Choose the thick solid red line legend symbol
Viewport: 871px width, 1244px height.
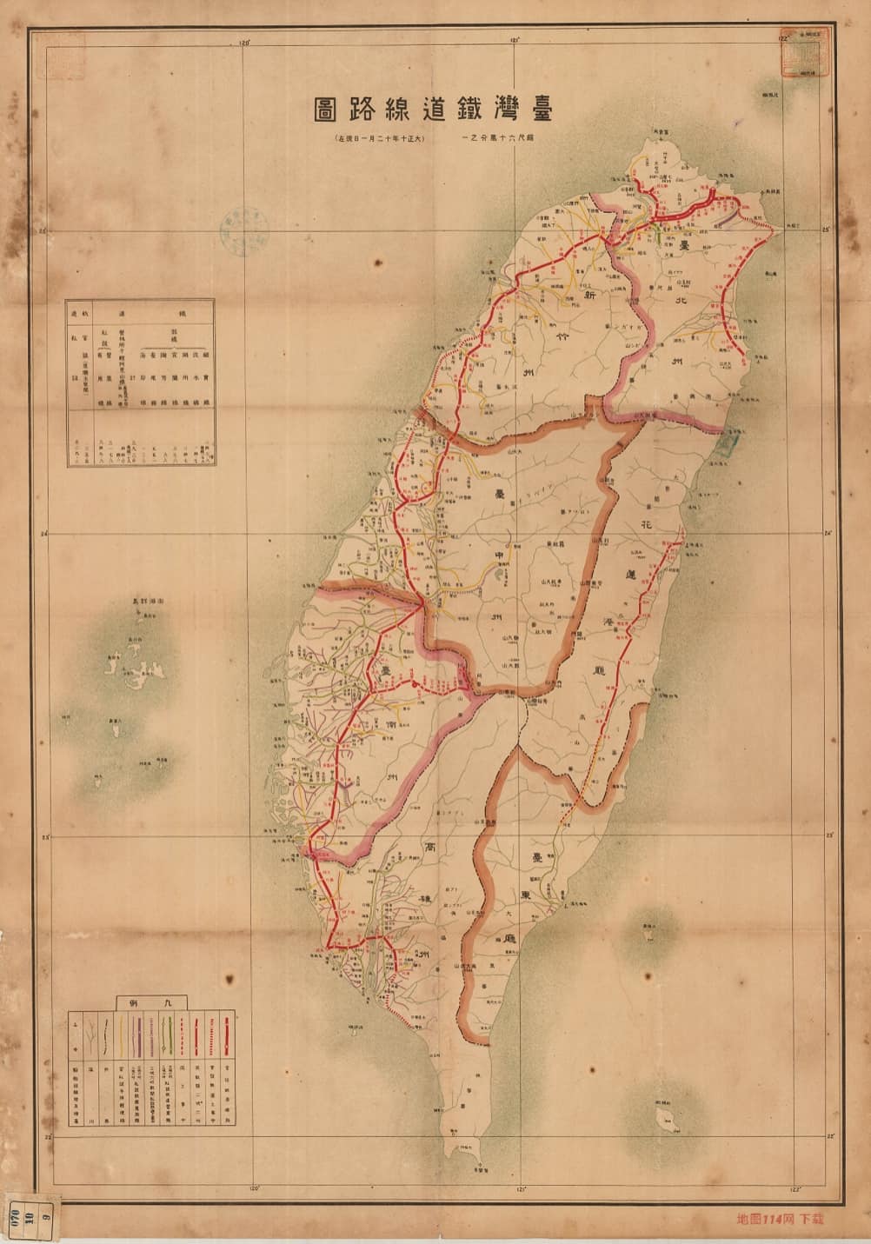click(x=227, y=1034)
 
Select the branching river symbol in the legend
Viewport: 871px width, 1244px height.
click(x=90, y=1034)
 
